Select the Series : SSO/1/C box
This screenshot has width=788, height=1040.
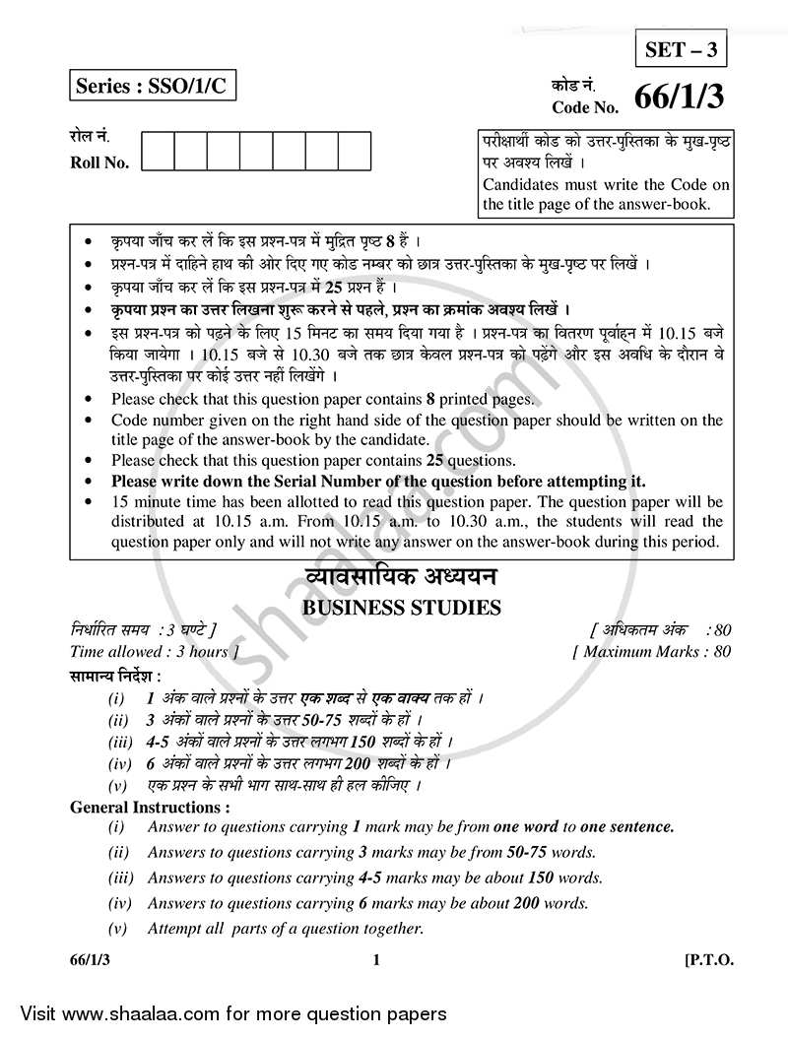click(x=153, y=87)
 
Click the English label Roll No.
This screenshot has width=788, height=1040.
click(x=99, y=163)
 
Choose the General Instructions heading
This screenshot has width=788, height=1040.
click(x=150, y=807)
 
